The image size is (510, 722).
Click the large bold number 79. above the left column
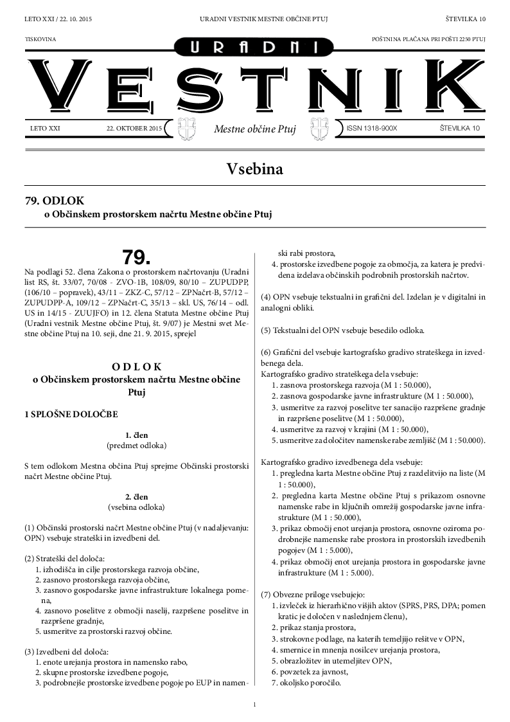[x=136, y=257]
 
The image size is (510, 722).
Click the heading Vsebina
[x=254, y=168]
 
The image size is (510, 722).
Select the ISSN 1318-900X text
[x=372, y=129]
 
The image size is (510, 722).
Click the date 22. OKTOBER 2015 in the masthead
[x=134, y=129]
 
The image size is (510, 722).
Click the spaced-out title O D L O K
[x=136, y=366]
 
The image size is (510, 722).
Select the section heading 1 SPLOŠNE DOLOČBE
[x=71, y=415]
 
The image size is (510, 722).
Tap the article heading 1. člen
[x=136, y=435]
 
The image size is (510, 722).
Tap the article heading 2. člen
[x=136, y=496]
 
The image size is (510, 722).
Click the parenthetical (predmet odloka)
[x=136, y=445]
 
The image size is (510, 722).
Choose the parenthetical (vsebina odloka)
[x=136, y=507]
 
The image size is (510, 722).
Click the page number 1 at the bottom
[x=255, y=705]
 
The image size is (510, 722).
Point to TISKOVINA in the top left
[x=40, y=39]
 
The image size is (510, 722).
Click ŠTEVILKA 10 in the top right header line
[x=465, y=19]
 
